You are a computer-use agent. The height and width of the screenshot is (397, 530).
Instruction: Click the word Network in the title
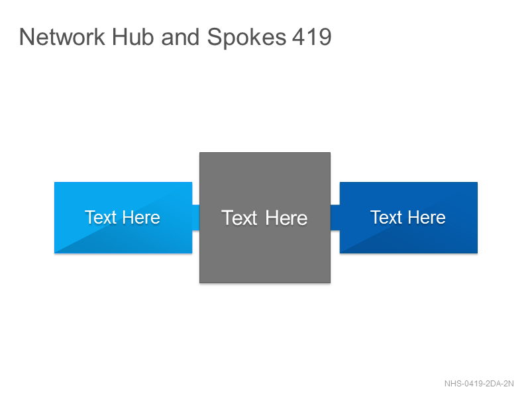62,37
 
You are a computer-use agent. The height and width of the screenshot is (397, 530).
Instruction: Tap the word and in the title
180,37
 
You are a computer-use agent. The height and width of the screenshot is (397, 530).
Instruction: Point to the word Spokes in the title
246,38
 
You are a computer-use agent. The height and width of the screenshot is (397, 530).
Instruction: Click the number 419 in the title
311,37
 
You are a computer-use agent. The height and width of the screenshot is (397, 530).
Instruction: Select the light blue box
123,218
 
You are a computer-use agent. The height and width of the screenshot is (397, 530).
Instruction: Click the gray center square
265,218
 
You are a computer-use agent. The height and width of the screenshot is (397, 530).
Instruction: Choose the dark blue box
409,218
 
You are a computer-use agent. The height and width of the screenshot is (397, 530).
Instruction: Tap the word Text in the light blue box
101,217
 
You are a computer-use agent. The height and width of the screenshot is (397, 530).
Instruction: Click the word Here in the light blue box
141,217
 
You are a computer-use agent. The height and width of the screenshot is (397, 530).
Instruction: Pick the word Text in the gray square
239,218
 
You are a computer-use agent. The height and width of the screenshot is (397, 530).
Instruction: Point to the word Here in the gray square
286,218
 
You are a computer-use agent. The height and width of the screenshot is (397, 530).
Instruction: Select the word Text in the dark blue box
386,217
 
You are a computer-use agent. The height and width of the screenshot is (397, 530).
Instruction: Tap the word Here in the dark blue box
427,217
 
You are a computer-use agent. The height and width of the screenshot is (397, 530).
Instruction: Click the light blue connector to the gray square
195,218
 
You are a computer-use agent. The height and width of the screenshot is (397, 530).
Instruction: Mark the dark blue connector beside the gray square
335,218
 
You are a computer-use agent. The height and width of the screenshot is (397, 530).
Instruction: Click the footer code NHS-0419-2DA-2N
479,384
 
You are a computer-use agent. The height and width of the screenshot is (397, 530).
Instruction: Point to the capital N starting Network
26,37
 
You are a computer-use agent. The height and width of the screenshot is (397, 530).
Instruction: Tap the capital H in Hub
119,37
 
